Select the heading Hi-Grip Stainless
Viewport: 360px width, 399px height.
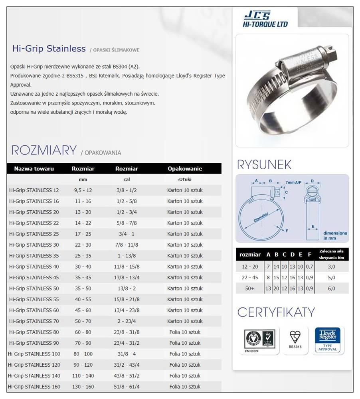[49, 49]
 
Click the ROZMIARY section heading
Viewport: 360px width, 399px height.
[44, 150]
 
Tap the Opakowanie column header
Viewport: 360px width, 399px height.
[185, 169]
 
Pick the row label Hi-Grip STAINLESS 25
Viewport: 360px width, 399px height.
[34, 234]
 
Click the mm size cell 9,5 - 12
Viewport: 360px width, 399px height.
[83, 190]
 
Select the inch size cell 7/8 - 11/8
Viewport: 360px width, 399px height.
[127, 245]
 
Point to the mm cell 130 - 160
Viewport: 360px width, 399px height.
[83, 386]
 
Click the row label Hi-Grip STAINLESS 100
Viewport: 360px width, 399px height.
[34, 354]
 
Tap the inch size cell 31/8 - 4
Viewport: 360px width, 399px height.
[127, 354]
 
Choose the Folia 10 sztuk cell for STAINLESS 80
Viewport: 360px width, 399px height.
[185, 332]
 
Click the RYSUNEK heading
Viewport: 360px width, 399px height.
[264, 165]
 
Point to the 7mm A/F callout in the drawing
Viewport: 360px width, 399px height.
[293, 182]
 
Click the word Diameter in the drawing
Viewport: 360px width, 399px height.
[261, 218]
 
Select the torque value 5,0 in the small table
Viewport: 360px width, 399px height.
[331, 277]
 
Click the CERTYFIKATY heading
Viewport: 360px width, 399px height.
[276, 312]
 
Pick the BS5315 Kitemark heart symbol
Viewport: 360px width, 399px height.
[295, 337]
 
